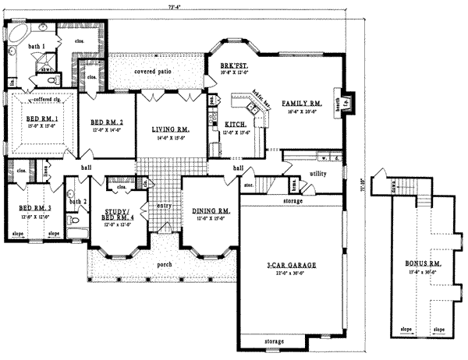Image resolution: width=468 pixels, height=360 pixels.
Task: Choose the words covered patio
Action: (153, 72)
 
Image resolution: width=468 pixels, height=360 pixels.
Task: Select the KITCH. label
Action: (236, 125)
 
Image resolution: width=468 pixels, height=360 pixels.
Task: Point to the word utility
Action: (317, 172)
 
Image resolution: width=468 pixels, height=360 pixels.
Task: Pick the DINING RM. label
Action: (211, 211)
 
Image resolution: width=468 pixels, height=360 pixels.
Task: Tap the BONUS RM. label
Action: (421, 265)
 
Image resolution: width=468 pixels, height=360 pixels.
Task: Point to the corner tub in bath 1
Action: (18, 33)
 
